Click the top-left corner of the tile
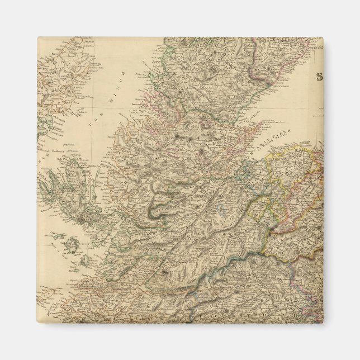pyautogui.click(x=38, y=38)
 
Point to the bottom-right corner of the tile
pyautogui.click(x=323, y=323)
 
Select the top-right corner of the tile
pyautogui.click(x=323, y=38)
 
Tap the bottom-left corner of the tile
pyautogui.click(x=38, y=323)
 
